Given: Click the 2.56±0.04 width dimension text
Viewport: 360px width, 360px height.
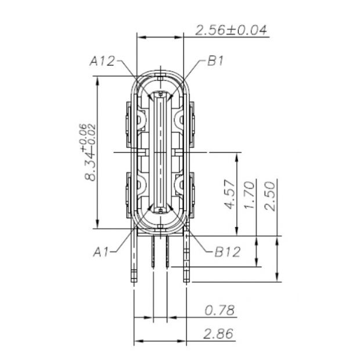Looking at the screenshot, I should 231,30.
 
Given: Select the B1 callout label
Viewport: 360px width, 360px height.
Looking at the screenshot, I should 215,60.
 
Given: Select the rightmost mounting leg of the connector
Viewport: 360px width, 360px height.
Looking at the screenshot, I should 186,255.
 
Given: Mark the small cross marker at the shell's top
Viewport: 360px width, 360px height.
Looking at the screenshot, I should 160,75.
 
